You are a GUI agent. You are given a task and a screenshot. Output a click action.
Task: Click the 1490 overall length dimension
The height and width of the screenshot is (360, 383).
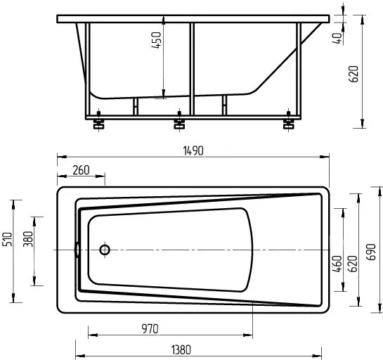pyautogui.click(x=193, y=150)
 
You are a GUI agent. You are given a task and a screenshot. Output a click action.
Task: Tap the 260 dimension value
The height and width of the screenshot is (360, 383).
pyautogui.click(x=81, y=170)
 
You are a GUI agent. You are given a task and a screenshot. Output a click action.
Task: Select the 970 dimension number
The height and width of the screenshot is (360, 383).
pyautogui.click(x=150, y=329)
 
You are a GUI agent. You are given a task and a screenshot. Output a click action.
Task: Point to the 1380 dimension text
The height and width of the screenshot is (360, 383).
pyautogui.click(x=181, y=350)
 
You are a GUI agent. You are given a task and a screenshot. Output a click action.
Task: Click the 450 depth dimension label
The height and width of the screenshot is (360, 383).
pyautogui.click(x=156, y=40)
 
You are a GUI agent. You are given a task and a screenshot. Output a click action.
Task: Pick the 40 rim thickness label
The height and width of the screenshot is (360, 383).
pyautogui.click(x=337, y=38)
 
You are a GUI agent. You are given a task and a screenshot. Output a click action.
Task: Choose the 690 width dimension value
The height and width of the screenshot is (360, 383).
pyautogui.click(x=371, y=252)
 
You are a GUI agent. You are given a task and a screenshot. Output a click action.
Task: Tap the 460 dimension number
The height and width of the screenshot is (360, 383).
pyautogui.click(x=337, y=264)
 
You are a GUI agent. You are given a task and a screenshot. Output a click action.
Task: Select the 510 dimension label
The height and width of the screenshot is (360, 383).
pyautogui.click(x=7, y=239)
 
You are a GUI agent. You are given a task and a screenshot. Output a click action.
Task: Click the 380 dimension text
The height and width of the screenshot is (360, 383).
pyautogui.click(x=28, y=239)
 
